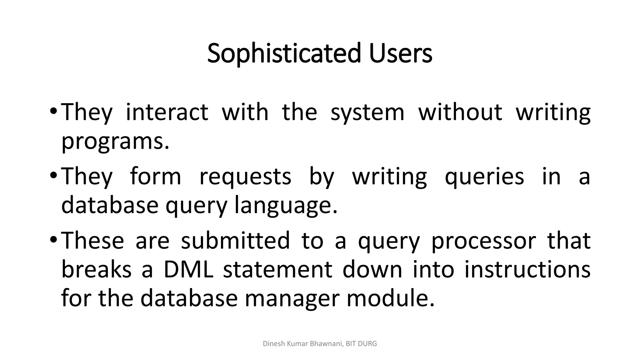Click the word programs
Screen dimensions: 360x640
(x=115, y=142)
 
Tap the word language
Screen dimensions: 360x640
(x=286, y=205)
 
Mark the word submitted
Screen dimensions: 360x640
(x=235, y=241)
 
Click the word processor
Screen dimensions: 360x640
(x=483, y=241)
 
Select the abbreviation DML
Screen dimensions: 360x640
(x=188, y=270)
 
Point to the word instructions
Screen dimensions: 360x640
(x=527, y=270)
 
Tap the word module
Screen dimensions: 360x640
(x=390, y=298)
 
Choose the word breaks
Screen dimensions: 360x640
(x=96, y=270)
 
